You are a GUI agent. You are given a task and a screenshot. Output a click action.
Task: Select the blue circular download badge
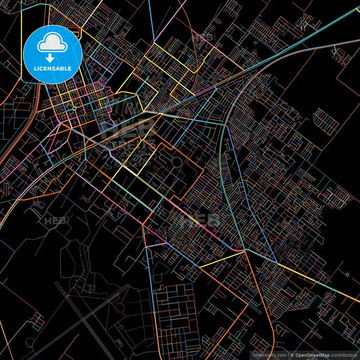[52, 54]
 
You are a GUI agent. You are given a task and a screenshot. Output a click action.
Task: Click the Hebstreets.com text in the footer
[269, 355]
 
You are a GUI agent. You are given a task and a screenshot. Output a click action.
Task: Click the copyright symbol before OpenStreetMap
[292, 355]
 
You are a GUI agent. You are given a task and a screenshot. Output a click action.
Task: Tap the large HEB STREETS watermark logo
[128, 128]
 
